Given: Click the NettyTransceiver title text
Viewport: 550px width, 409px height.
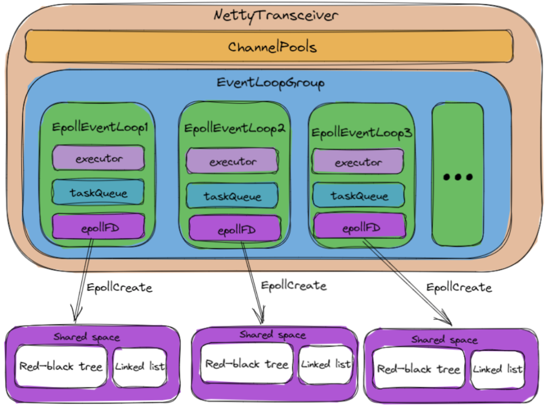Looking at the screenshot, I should [x=276, y=15].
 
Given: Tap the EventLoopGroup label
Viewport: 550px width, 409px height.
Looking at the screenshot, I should [x=270, y=83].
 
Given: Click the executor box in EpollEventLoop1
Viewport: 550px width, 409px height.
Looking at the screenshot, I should [x=99, y=158].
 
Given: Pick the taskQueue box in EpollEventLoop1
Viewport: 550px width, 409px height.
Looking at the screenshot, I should [x=99, y=193].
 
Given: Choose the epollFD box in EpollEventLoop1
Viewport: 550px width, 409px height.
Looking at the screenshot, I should [x=99, y=227].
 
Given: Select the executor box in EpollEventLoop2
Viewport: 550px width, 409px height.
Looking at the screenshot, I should [x=233, y=161].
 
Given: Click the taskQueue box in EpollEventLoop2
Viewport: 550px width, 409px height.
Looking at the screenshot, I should [x=232, y=196].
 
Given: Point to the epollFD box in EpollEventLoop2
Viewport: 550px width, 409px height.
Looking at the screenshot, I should [x=235, y=230].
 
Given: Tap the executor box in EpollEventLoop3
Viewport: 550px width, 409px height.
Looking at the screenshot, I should [x=358, y=162].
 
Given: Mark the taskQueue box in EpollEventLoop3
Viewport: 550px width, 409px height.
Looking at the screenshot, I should [x=359, y=196].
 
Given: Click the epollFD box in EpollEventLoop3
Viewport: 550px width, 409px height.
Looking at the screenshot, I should [x=360, y=227].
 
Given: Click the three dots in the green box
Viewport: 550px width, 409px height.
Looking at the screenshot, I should [x=457, y=177].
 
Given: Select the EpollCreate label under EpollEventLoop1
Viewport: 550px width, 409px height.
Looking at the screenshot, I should [x=119, y=288].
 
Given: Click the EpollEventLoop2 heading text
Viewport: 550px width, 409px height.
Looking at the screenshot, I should [x=235, y=128].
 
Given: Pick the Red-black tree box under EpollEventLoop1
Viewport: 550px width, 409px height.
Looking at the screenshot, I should [x=61, y=366].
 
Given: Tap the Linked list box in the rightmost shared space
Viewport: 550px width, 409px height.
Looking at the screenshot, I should [x=498, y=369].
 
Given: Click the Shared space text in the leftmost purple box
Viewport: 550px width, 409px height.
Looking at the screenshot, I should [x=87, y=337].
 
